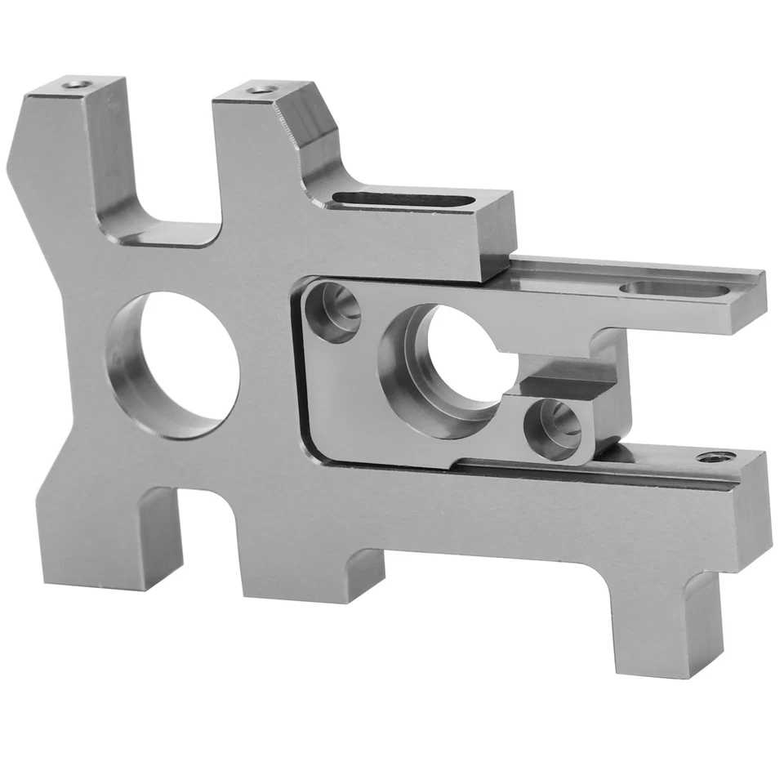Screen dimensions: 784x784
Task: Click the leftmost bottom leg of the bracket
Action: tap(102, 539)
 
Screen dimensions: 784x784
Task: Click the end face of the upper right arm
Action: tap(745, 302)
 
